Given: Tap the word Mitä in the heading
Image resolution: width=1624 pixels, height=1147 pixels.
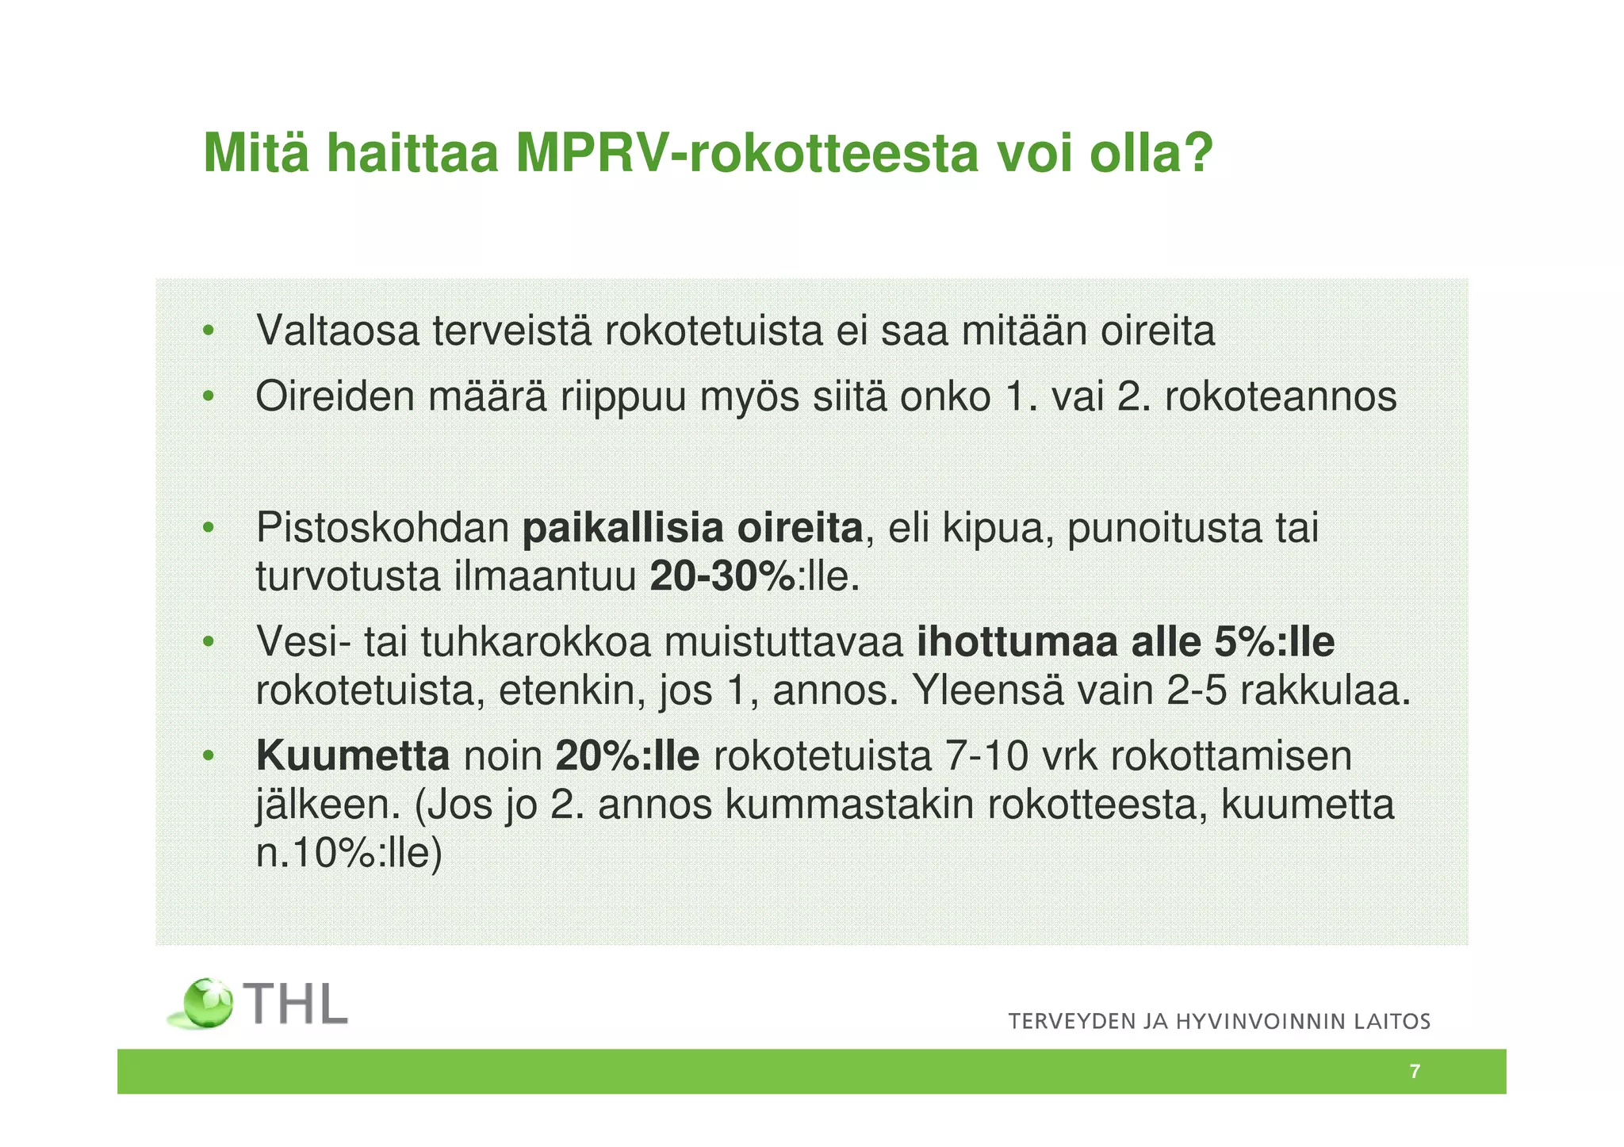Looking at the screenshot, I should click(255, 153).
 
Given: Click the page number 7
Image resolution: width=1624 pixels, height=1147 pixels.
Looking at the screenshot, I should click(1415, 1072).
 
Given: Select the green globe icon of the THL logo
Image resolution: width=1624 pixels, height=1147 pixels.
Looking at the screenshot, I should click(208, 1004).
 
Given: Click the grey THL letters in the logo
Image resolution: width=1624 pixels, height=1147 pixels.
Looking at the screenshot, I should click(297, 1005).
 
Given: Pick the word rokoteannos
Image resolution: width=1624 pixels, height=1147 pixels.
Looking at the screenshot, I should click(1280, 396).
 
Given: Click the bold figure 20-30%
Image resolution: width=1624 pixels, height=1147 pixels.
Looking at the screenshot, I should click(722, 576).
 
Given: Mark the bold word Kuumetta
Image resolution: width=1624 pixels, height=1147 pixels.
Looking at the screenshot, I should click(353, 756).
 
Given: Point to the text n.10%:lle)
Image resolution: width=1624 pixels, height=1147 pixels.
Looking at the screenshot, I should click(348, 854).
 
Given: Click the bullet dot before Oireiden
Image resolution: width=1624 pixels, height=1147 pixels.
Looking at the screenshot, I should click(208, 396).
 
